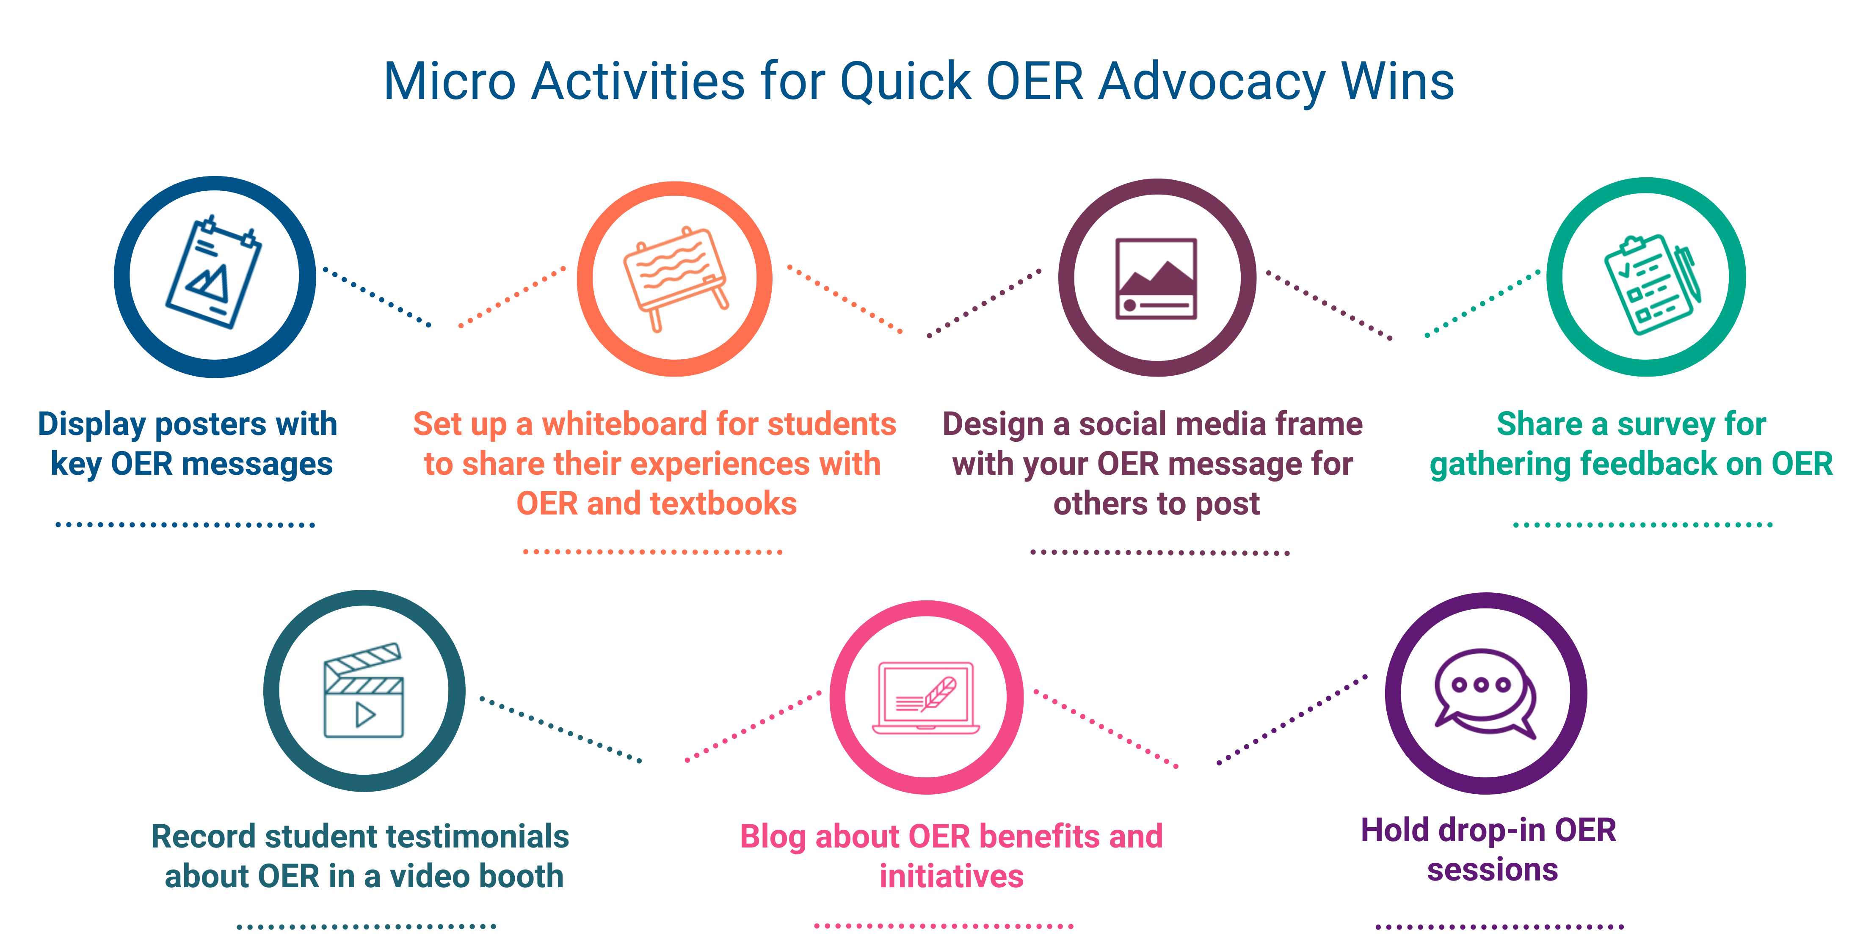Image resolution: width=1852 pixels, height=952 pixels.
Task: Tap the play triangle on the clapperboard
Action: point(365,715)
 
